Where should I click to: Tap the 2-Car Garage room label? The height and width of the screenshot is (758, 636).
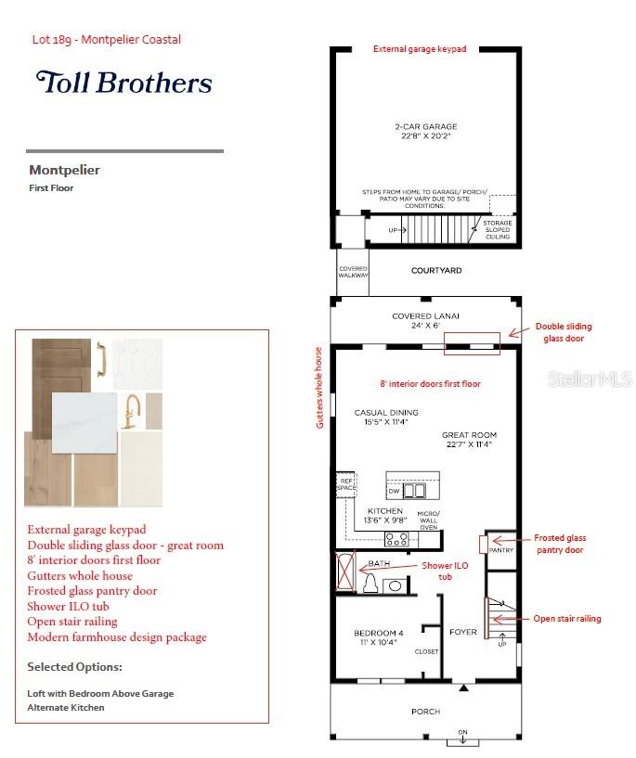point(424,132)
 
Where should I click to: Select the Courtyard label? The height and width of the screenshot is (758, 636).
point(436,271)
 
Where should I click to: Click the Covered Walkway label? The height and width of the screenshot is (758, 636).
point(353,272)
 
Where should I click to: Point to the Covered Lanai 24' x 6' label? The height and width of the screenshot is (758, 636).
point(425,321)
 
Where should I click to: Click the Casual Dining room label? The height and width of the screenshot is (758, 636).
point(386,417)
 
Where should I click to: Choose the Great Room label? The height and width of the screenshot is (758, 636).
point(469,439)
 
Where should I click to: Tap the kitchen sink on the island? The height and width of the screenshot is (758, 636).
point(413,490)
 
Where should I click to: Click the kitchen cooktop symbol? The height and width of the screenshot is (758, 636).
point(396,537)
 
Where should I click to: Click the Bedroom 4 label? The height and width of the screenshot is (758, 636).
point(379,636)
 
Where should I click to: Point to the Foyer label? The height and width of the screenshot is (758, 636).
point(462,633)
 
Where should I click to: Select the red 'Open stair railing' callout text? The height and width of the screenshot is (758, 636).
point(566,619)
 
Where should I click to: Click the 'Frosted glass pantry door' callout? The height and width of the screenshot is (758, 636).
point(560,544)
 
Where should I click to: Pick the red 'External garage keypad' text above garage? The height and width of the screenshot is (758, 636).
point(420,48)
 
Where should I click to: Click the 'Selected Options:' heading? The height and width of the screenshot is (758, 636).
point(74,666)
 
